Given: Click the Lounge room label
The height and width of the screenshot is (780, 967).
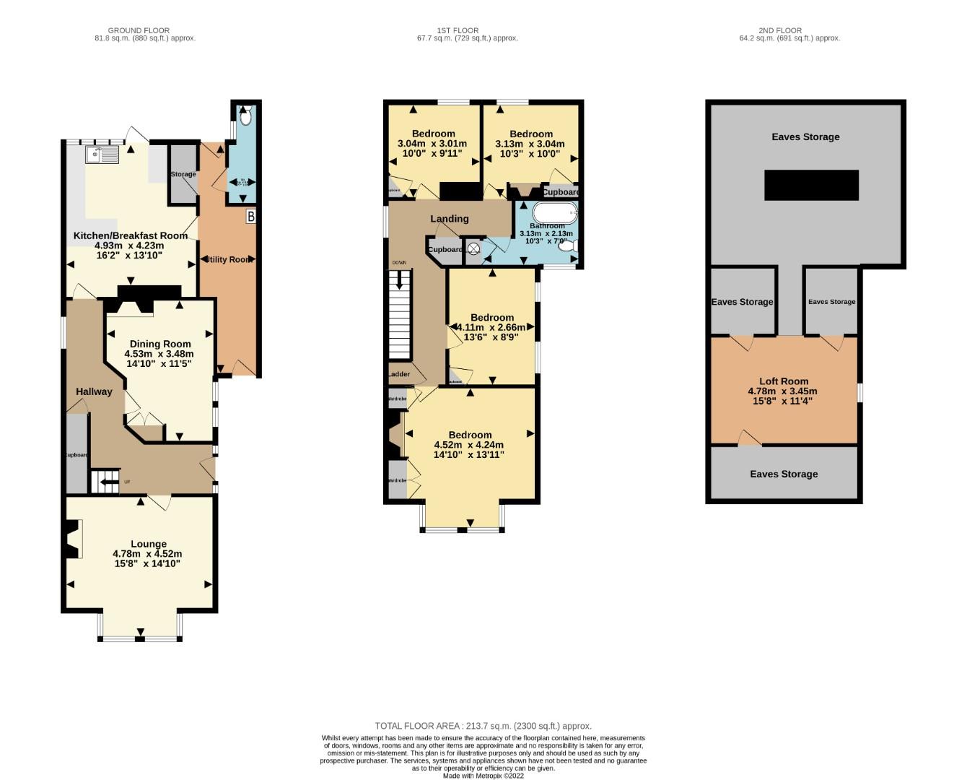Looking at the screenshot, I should pyautogui.click(x=148, y=544).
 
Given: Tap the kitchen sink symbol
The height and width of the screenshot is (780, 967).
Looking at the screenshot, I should pyautogui.click(x=101, y=155).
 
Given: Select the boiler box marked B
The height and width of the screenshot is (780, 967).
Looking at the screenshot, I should pyautogui.click(x=250, y=216).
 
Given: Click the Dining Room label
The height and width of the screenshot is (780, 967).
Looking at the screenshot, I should pyautogui.click(x=160, y=344).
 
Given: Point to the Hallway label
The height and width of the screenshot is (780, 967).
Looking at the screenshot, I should pyautogui.click(x=94, y=391).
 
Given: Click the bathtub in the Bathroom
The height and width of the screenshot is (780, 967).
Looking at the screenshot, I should pyautogui.click(x=554, y=212).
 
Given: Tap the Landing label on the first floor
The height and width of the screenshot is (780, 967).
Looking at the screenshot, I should pyautogui.click(x=449, y=218).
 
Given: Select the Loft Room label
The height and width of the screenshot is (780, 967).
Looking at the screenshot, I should pyautogui.click(x=783, y=381).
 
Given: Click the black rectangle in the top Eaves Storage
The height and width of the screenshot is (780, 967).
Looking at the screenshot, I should pyautogui.click(x=811, y=185).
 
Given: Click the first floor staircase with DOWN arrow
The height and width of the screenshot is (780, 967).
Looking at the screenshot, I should pyautogui.click(x=399, y=315).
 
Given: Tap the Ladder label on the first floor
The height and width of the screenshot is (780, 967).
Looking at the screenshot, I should pyautogui.click(x=398, y=374).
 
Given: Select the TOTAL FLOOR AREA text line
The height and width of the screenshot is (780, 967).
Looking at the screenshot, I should pyautogui.click(x=483, y=726).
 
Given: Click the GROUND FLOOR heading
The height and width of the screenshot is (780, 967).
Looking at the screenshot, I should pyautogui.click(x=139, y=30).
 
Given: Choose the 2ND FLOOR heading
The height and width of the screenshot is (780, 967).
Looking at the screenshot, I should pyautogui.click(x=779, y=30).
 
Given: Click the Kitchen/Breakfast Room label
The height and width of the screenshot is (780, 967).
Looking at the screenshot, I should pyautogui.click(x=130, y=235).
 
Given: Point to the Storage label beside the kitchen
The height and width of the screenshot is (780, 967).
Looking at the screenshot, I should pyautogui.click(x=183, y=174).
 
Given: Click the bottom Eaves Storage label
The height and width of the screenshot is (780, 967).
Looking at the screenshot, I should pyautogui.click(x=783, y=474).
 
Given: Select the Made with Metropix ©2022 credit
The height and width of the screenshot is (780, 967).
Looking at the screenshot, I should pyautogui.click(x=483, y=776).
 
